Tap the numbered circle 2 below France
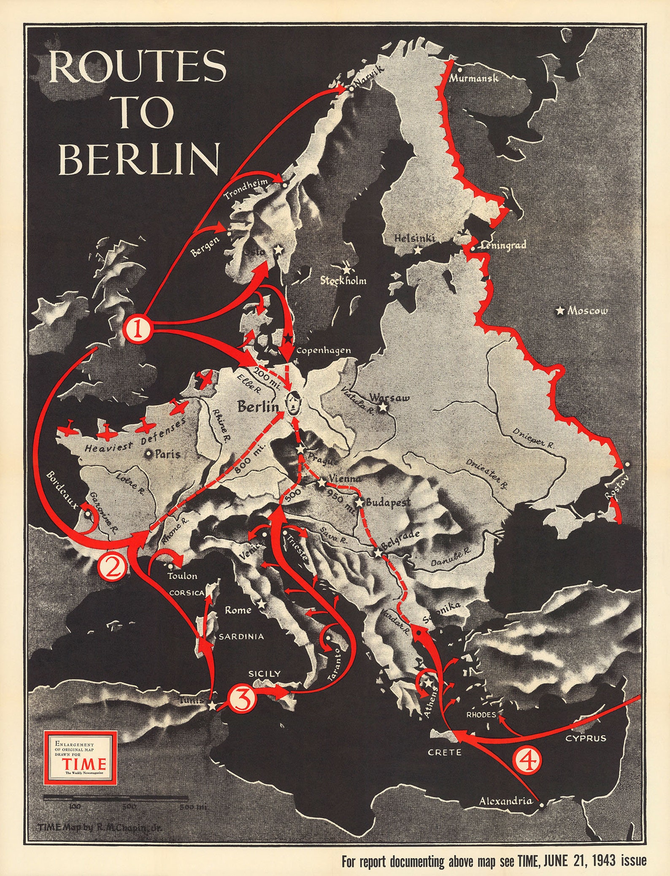[111, 567]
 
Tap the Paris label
[167, 454]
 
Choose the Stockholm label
[343, 280]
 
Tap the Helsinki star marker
[418, 250]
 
